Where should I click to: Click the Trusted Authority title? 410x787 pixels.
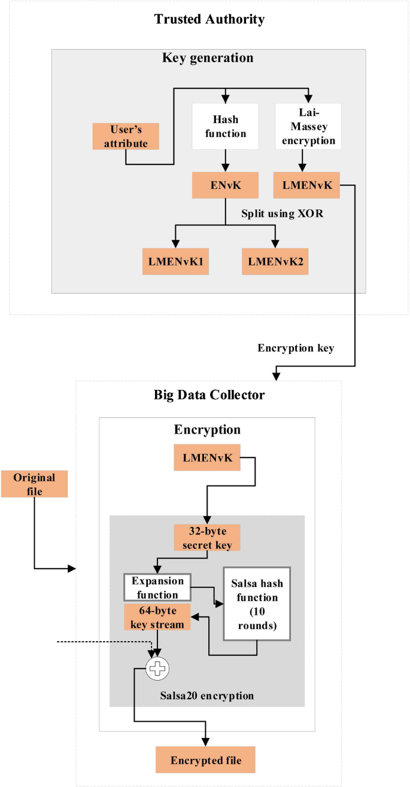pyautogui.click(x=209, y=19)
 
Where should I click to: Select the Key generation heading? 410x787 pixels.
pyautogui.click(x=208, y=58)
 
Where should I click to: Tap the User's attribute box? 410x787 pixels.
pyautogui.click(x=126, y=136)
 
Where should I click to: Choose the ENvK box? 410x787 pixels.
pyautogui.click(x=225, y=185)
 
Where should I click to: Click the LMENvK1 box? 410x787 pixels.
pyautogui.click(x=175, y=261)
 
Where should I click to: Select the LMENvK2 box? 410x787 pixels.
pyautogui.click(x=275, y=261)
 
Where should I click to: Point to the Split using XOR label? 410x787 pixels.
pyautogui.click(x=282, y=213)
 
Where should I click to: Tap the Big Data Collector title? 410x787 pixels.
pyautogui.click(x=209, y=395)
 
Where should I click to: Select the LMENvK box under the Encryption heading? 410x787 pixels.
pyautogui.click(x=207, y=458)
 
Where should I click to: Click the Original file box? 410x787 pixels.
pyautogui.click(x=34, y=484)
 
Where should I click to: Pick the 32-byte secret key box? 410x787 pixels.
pyautogui.click(x=207, y=537)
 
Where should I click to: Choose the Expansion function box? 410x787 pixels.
pyautogui.click(x=157, y=587)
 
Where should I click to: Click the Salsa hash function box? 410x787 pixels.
pyautogui.click(x=257, y=603)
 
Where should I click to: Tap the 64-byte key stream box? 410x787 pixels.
pyautogui.click(x=157, y=617)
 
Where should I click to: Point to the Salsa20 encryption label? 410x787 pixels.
pyautogui.click(x=207, y=696)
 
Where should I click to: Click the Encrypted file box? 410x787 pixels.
pyautogui.click(x=206, y=760)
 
